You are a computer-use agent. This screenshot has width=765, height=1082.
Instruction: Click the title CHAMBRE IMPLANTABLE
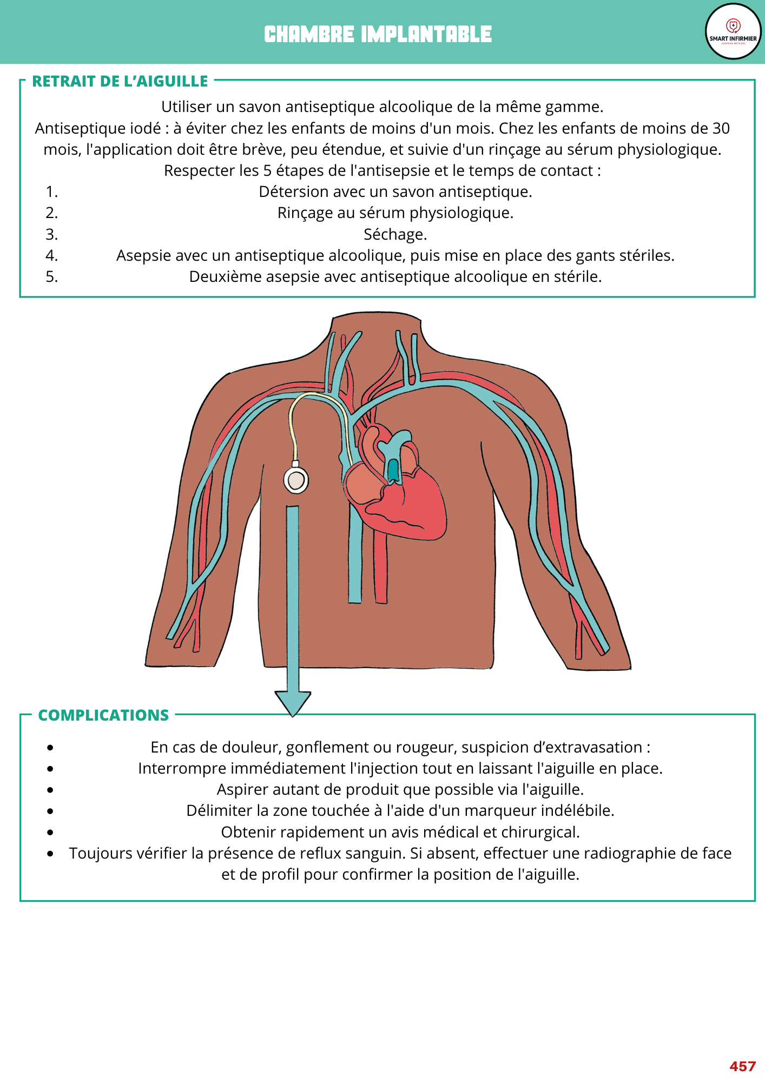378,34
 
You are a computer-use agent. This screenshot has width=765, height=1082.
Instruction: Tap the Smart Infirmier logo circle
733,31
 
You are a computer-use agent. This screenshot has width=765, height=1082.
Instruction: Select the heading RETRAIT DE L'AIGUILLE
120,81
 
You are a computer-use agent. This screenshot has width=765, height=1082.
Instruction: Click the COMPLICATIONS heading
103,715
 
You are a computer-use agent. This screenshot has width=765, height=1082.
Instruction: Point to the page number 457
742,1066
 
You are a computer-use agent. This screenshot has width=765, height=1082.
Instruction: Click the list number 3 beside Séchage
51,234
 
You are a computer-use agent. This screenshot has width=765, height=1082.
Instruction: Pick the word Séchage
395,234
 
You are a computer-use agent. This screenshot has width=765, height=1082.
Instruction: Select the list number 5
51,276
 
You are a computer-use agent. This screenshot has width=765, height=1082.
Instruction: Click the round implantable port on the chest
296,480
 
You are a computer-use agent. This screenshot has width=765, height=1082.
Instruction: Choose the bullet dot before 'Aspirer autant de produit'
50,790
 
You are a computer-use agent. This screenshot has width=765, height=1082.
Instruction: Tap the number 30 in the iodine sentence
721,128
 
